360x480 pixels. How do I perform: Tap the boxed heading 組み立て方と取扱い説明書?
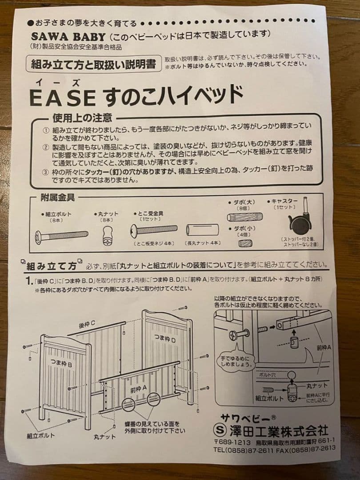click(x=93, y=64)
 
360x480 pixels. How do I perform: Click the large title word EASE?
click(x=62, y=97)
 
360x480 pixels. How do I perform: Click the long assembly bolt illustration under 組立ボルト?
click(x=60, y=235)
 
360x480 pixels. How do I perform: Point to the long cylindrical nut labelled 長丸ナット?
click(x=203, y=231)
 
